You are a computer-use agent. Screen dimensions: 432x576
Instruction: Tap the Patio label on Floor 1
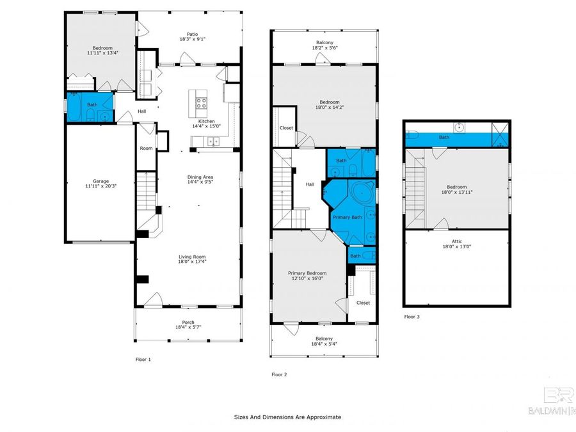(191, 34)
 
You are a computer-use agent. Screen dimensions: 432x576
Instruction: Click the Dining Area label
(200, 177)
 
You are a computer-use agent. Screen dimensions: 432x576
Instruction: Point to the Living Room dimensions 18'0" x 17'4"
(192, 262)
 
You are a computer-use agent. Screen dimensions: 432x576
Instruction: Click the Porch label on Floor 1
(188, 322)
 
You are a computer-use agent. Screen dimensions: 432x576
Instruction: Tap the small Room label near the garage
(147, 148)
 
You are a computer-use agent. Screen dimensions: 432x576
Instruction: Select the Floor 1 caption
(143, 360)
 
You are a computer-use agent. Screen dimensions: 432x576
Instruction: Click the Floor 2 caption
(279, 374)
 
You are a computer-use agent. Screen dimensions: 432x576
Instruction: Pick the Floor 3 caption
(412, 317)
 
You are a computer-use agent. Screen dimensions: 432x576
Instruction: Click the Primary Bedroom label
(307, 273)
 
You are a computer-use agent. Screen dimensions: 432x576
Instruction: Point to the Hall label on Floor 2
(310, 184)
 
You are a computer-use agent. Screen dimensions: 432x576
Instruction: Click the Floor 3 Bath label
(444, 137)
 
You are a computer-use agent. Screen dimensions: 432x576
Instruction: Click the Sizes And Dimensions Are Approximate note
(287, 417)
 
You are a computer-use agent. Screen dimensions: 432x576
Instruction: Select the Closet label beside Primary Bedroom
(363, 303)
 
